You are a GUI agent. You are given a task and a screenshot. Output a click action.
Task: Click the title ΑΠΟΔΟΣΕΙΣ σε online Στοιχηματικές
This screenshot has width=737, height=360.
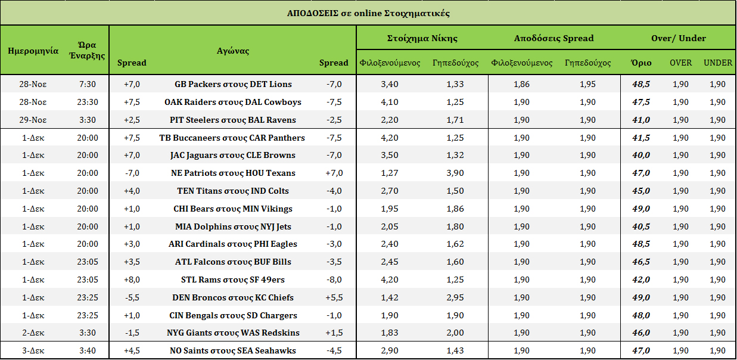pyautogui.click(x=368, y=13)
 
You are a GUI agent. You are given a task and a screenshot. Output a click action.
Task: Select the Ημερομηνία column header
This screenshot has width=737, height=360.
pyautogui.click(x=33, y=51)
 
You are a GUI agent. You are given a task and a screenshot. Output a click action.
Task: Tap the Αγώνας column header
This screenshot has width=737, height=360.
pyautogui.click(x=232, y=51)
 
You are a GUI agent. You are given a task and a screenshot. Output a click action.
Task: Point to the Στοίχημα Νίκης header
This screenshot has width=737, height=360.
pyautogui.click(x=422, y=38)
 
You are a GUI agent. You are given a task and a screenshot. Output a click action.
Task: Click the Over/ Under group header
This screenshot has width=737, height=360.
pyautogui.click(x=678, y=38)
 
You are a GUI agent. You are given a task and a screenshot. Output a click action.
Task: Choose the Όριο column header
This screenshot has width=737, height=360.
pyautogui.click(x=641, y=63)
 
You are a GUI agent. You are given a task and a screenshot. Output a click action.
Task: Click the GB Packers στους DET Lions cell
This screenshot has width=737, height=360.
pyautogui.click(x=232, y=84)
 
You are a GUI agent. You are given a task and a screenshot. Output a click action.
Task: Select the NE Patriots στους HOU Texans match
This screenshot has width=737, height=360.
pyautogui.click(x=232, y=173)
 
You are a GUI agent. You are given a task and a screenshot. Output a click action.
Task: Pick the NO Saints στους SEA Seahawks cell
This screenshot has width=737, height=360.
pyautogui.click(x=232, y=350)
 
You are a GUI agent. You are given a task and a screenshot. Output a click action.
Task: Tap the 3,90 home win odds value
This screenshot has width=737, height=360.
pyautogui.click(x=455, y=173)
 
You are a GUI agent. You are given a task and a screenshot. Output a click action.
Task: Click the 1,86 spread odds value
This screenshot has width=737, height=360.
pyautogui.click(x=521, y=84)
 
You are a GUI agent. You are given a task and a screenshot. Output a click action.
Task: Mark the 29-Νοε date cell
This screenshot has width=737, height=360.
pyautogui.click(x=33, y=120)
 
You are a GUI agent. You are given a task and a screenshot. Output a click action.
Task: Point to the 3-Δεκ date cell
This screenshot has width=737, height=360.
pyautogui.click(x=33, y=350)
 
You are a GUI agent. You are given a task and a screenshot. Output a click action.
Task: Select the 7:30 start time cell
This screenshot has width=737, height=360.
pyautogui.click(x=87, y=84)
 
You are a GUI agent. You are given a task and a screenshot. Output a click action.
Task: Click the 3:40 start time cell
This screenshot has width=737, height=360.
pyautogui.click(x=87, y=350)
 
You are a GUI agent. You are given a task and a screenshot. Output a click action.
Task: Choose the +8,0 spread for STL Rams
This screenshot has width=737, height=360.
pyautogui.click(x=132, y=280)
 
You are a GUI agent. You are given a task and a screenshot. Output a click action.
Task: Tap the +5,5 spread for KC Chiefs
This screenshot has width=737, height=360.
pyautogui.click(x=334, y=297)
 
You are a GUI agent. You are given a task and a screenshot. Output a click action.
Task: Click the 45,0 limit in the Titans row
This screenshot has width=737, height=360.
pyautogui.click(x=641, y=191)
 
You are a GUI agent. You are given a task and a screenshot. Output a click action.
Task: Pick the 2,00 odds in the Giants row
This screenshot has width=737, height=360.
pyautogui.click(x=455, y=333)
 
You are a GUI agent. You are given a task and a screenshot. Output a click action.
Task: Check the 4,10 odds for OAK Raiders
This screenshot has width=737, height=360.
pyautogui.click(x=389, y=102)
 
